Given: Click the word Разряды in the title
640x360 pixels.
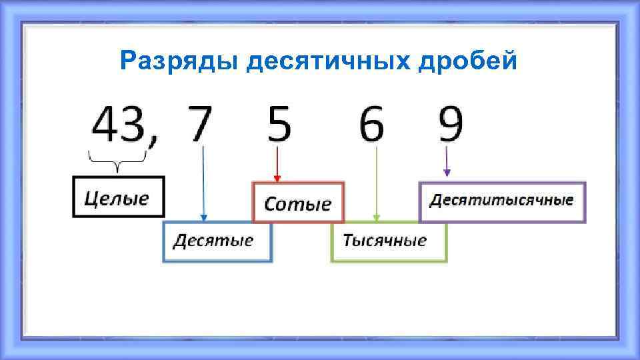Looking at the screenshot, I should (179, 62).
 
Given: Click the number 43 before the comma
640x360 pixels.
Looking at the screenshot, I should (119, 125).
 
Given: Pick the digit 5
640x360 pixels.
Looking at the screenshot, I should (279, 125).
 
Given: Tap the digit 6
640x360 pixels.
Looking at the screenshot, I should (372, 125).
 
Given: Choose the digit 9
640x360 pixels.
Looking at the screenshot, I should (451, 125).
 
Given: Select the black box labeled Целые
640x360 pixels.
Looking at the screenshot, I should (117, 197).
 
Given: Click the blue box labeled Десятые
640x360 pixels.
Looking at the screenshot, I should (217, 241).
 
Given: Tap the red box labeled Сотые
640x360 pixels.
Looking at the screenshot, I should (298, 202).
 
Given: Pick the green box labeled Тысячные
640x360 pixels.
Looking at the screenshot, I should (389, 241).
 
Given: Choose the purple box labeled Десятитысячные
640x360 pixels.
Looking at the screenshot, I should (502, 201).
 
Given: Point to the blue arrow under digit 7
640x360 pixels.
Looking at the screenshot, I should (203, 183).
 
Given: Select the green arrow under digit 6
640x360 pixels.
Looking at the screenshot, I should (377, 183).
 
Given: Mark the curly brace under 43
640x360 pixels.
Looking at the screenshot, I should (118, 159).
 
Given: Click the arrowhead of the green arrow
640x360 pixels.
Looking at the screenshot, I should (377, 217).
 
